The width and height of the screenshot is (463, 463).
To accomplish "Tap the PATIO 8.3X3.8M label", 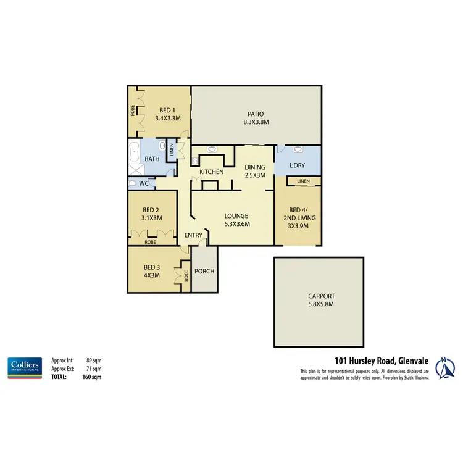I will tap(256, 118).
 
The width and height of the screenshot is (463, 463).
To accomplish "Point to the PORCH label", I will tap(204, 270).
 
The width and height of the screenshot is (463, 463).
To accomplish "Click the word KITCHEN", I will tap(211, 172).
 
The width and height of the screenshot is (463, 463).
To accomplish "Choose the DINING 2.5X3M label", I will tap(255, 171).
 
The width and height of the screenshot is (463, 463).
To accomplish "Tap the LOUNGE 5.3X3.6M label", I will tap(237, 220).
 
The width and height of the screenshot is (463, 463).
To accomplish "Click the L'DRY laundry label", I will tap(298, 166).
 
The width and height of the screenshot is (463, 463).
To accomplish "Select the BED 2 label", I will tap(151, 214).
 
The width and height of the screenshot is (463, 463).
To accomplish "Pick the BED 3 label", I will tap(151, 271).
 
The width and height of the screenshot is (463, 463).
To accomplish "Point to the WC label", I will tap(143, 184).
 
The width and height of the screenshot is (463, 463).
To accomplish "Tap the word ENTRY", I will tap(193, 235).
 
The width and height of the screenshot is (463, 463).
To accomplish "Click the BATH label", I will tap(152, 159).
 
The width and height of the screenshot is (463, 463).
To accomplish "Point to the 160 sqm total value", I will tap(92, 376).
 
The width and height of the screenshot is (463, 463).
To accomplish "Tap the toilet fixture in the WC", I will tap(133, 183).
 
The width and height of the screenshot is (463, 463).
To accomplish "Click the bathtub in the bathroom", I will tap(133, 151).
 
